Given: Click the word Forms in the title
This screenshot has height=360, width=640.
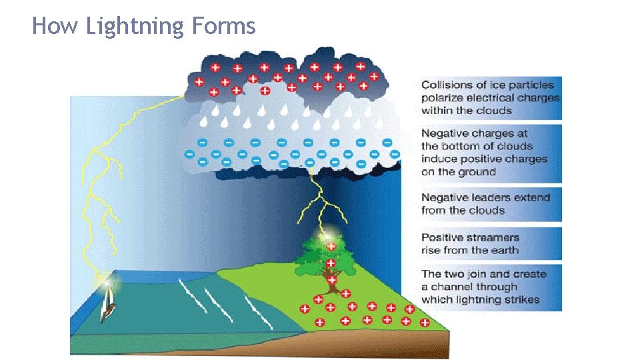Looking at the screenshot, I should pos(223,26).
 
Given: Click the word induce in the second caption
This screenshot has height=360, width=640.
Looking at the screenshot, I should pos(439,159).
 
